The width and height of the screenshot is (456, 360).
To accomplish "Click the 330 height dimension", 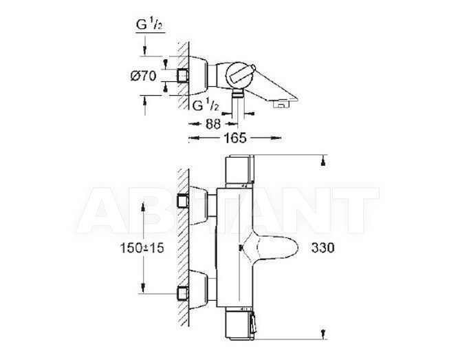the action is coord(323,248).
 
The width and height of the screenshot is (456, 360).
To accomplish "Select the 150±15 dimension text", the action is coord(142,248).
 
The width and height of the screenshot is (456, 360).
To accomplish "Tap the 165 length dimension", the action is coord(235,138).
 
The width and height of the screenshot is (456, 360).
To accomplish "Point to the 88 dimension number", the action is coord(213,124).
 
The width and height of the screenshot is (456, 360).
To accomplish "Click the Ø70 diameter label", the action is coord(143,76).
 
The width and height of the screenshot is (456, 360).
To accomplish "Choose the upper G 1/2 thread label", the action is coord(149,25).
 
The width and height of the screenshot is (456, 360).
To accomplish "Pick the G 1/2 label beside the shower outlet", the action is coord(205,105).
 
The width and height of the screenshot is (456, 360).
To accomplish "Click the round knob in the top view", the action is coord(237,74).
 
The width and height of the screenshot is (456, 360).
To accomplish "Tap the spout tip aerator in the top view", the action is coord(282,104).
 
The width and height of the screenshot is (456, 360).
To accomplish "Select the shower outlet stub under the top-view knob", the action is coord(238,93).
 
